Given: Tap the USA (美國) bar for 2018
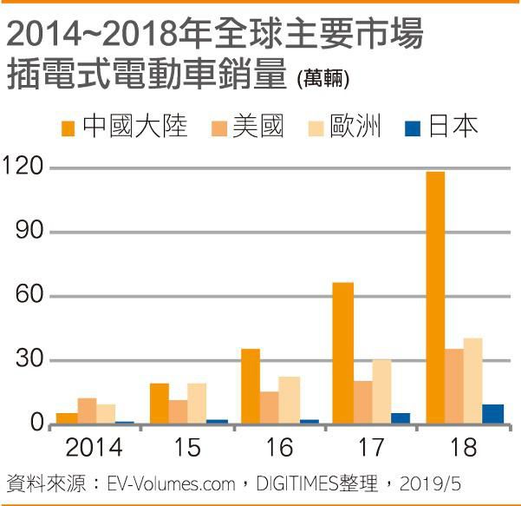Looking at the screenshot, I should point(453,386).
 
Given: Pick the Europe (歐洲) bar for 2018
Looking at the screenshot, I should point(472,381).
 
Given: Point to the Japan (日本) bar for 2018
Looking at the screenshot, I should point(492,414).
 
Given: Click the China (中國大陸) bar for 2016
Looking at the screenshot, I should point(251,386).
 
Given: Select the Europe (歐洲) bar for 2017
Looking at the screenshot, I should point(381,391).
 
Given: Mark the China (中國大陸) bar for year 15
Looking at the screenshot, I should point(159,404).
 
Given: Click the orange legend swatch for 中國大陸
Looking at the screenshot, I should point(68,128).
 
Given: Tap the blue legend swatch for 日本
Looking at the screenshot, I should point(413,128).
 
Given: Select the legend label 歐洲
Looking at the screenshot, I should point(355,128).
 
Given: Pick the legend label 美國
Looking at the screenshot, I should point(257,128).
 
